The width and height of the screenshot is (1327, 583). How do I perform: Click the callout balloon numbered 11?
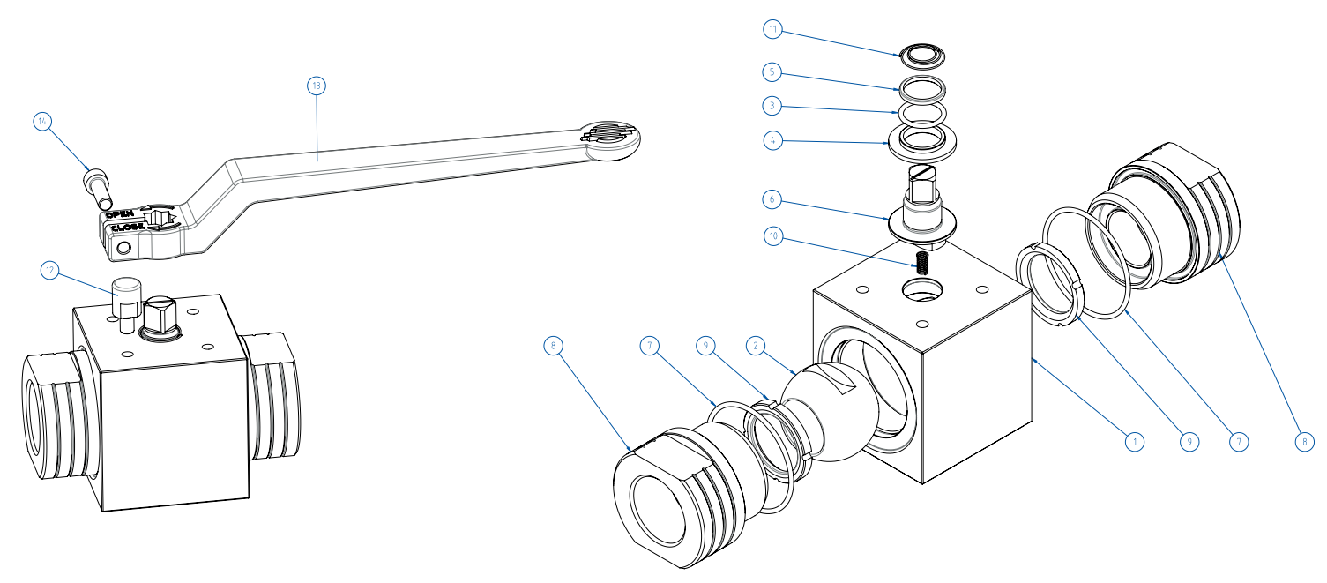[x=773, y=29]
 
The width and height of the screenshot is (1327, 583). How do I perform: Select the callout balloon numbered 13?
[x=317, y=86]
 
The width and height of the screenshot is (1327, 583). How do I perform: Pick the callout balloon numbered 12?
[x=50, y=271]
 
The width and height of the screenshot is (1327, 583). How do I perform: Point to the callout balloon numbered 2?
[x=755, y=346]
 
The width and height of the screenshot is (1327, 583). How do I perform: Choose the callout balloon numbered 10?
[x=773, y=236]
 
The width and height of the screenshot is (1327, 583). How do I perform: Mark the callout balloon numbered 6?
[x=773, y=199]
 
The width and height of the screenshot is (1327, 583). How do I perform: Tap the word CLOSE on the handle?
[x=128, y=227]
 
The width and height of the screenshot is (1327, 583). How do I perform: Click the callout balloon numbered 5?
[x=773, y=71]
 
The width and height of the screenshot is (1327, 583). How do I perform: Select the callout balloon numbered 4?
[x=773, y=140]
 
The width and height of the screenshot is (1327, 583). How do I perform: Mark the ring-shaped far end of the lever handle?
[x=610, y=138]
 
